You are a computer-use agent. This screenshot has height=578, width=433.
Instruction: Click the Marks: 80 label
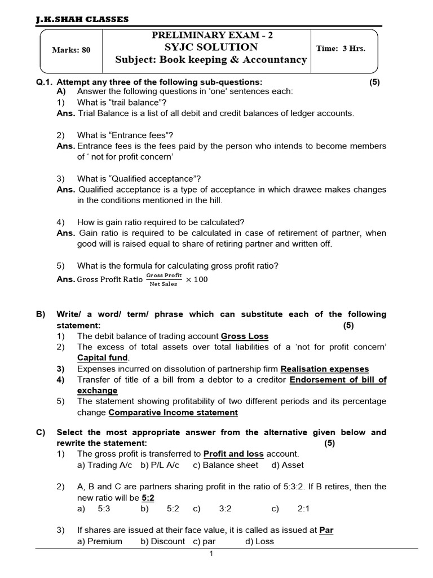click(x=71, y=50)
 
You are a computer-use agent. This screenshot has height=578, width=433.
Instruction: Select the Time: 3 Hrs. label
click(x=341, y=48)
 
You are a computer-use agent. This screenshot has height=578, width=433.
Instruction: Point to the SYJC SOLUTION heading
click(x=211, y=47)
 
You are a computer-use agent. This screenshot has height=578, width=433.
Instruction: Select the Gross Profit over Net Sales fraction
click(x=164, y=279)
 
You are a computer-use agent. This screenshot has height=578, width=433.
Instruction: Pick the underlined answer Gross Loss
click(x=245, y=336)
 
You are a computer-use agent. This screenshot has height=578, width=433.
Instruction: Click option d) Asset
click(x=287, y=465)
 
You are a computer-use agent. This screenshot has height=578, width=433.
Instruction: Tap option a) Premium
click(x=100, y=541)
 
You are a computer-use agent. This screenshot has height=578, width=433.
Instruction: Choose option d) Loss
click(x=259, y=541)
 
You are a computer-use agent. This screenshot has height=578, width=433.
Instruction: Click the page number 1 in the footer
click(x=211, y=554)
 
